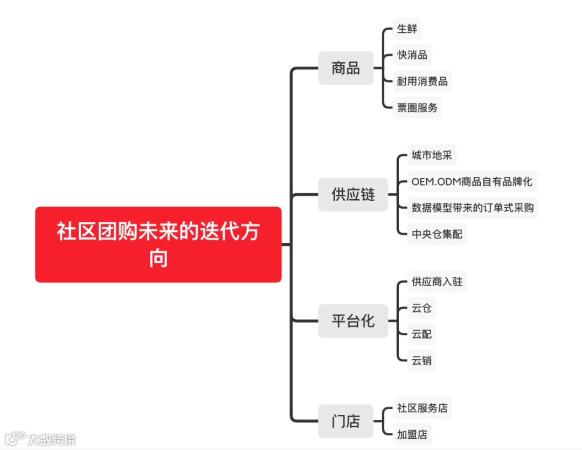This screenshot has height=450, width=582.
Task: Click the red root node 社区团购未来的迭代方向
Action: (x=158, y=244)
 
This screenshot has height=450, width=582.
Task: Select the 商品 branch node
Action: (x=345, y=68)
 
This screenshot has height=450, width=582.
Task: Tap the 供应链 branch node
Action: (x=353, y=194)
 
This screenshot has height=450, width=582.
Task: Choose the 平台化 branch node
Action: (x=353, y=321)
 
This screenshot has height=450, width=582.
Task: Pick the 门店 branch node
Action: (x=345, y=420)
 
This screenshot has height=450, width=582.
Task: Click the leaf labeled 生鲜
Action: (x=407, y=29)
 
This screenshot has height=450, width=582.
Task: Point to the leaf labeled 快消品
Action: (x=412, y=55)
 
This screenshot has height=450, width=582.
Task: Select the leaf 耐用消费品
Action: (x=422, y=81)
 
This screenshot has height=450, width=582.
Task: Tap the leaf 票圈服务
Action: (x=417, y=107)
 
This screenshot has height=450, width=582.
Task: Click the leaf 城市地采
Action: (x=432, y=155)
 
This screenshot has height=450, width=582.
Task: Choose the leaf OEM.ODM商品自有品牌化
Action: (x=472, y=181)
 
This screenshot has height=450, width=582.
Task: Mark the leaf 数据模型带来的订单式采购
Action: (x=473, y=207)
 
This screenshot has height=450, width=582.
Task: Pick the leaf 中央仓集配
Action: (x=436, y=234)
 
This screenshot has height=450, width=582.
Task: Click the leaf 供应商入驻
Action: (x=436, y=281)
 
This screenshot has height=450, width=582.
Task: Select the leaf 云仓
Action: (x=421, y=308)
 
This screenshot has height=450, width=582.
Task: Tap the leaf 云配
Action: (x=421, y=334)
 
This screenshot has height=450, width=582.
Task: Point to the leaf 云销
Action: (x=421, y=360)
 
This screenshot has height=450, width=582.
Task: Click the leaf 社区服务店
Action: (x=422, y=408)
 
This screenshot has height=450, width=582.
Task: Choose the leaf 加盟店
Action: (x=412, y=434)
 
